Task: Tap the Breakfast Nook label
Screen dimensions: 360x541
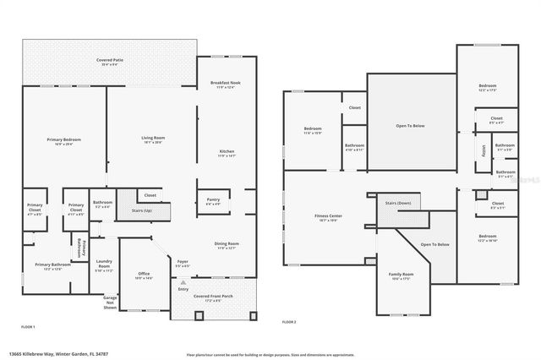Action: (x=227, y=83)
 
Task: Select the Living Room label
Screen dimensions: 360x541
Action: (x=152, y=138)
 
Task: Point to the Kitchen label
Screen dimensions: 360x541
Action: (x=226, y=152)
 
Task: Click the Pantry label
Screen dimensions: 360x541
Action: (x=214, y=200)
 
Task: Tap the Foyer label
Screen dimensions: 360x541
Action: (x=183, y=263)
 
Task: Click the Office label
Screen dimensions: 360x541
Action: (x=144, y=275)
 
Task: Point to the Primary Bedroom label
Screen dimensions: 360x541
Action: (x=63, y=140)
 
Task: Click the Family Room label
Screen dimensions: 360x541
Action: (x=401, y=275)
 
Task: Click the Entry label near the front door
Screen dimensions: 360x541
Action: (x=183, y=288)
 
